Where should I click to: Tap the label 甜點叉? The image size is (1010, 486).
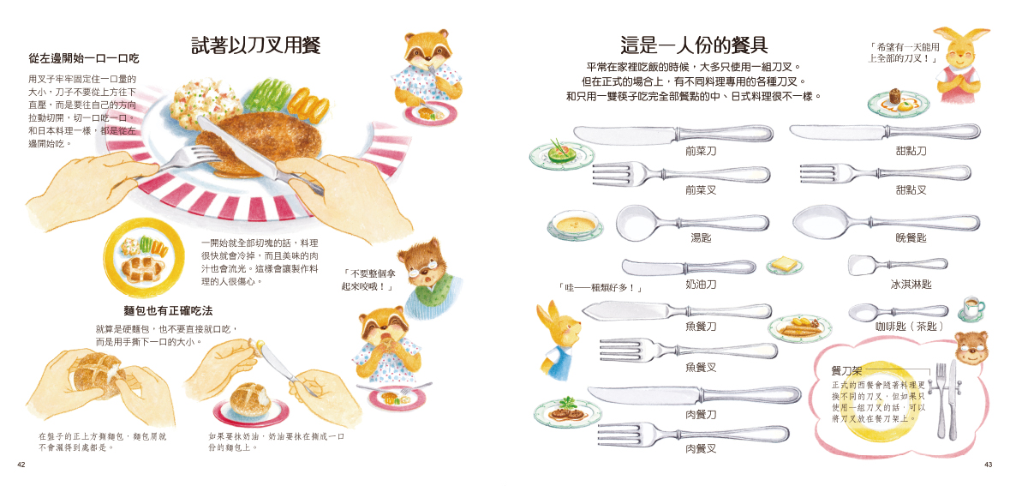(x=911, y=190)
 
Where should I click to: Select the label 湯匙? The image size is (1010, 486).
(x=701, y=237)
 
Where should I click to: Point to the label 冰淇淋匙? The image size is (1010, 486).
(x=911, y=284)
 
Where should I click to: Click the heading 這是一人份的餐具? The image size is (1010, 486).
(x=694, y=45)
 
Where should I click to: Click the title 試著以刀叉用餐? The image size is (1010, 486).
(x=256, y=45)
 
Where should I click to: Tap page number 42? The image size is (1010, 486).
(x=21, y=465)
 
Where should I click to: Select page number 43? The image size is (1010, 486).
(x=989, y=465)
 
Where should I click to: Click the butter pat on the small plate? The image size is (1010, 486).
(x=783, y=263)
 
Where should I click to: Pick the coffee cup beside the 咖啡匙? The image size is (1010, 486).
(x=971, y=307)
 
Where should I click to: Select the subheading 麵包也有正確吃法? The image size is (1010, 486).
(x=168, y=310)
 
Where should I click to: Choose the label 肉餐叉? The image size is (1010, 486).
(x=701, y=448)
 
